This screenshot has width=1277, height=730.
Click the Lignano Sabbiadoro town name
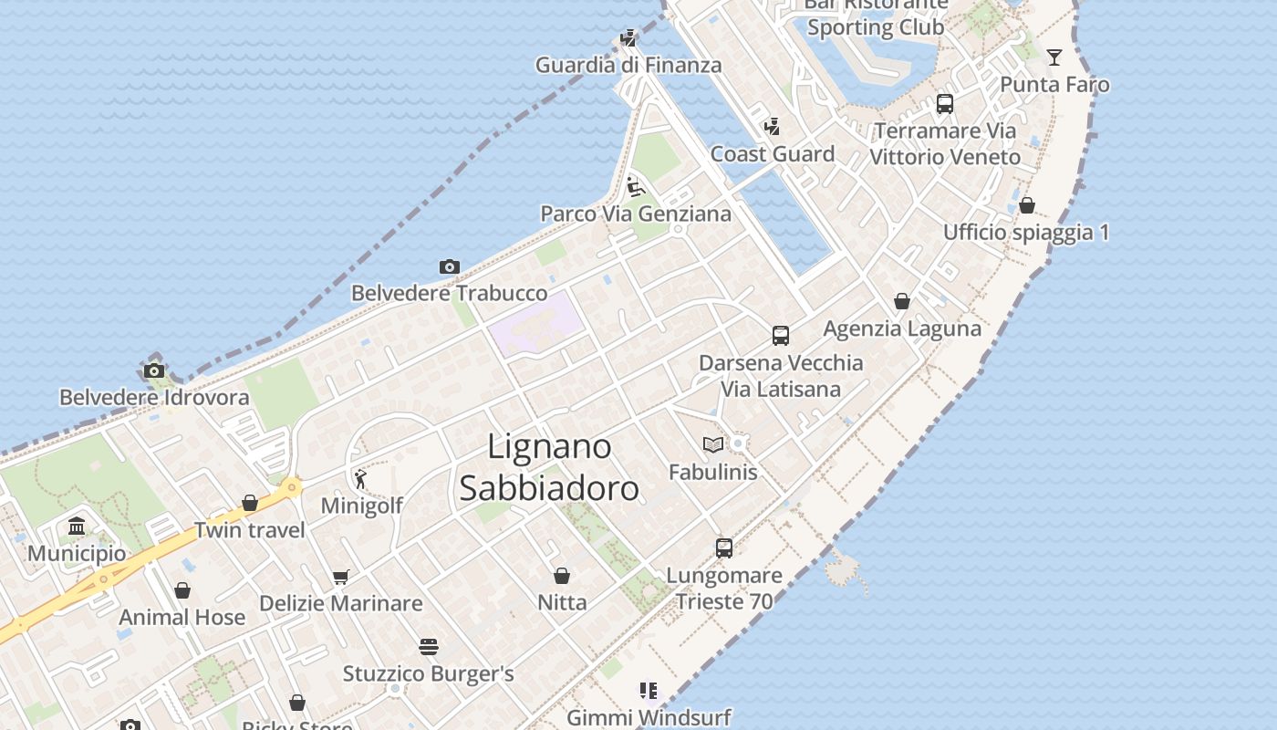click(548, 467)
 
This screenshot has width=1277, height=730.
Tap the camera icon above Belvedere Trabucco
click(449, 267)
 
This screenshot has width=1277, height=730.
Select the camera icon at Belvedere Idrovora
click(154, 371)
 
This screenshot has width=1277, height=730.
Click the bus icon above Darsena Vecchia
click(781, 336)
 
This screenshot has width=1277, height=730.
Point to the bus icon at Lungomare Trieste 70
click(724, 548)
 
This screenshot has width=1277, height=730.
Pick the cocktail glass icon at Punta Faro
click(1054, 57)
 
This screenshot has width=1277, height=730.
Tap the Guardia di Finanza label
click(628, 66)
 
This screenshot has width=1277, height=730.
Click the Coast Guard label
click(773, 154)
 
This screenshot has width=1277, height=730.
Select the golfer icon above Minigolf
click(361, 479)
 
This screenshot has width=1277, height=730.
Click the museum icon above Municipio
click(77, 527)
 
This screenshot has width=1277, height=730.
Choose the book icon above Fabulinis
click(713, 444)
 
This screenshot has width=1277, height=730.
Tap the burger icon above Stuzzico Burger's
click(429, 647)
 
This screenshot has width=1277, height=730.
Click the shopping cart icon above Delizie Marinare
click(341, 577)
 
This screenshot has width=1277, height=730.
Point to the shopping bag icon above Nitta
click(562, 576)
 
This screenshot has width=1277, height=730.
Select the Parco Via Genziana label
click(636, 214)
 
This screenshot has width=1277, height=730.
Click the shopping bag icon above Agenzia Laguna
click(902, 301)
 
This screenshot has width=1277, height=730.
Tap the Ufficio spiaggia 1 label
click(1026, 233)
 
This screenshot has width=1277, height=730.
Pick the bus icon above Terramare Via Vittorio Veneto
click(945, 104)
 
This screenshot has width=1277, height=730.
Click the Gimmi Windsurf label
click(649, 717)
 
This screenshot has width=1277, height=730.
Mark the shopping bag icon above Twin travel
click(250, 503)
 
